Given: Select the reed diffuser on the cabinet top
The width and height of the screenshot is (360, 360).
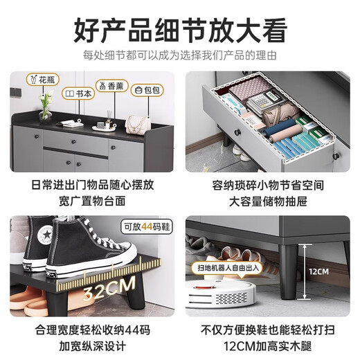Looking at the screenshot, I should pyautogui.click(x=105, y=118).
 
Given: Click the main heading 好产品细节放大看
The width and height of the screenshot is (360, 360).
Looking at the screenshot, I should pyautogui.click(x=179, y=30).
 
